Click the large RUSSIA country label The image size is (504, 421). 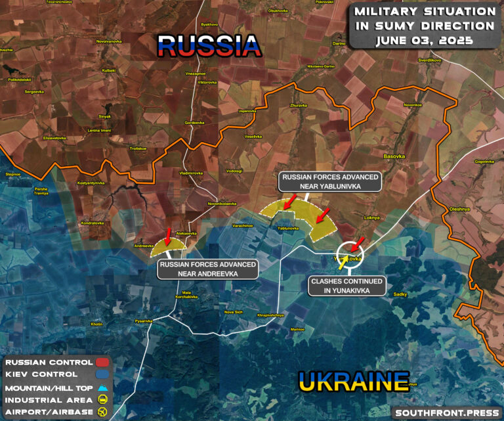[x=209, y=46]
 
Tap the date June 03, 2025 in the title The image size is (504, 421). [x=426, y=40]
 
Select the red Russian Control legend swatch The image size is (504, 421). [x=103, y=362]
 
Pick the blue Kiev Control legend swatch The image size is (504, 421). [x=103, y=374]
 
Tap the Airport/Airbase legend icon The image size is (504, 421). [x=103, y=412]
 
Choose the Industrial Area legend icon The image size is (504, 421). [x=103, y=400]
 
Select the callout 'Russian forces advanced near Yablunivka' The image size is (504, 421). [x=330, y=182]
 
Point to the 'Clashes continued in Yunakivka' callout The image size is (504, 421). [x=348, y=285]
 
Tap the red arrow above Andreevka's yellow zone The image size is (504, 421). [x=169, y=234]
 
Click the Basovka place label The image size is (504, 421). [x=394, y=156]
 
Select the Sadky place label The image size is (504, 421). [x=400, y=295]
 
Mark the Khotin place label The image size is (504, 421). [x=96, y=324]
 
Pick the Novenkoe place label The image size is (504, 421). [x=413, y=105]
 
